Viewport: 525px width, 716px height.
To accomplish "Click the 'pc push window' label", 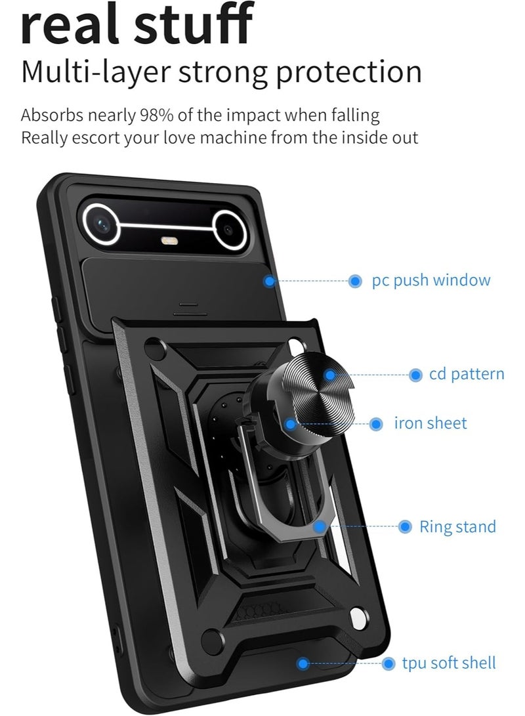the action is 431,280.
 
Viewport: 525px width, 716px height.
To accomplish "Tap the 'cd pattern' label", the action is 467,374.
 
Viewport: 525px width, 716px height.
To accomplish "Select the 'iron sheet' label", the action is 430,423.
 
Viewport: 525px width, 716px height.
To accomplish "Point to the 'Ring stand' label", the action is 457,526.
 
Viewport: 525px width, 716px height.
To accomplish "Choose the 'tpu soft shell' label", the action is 449,663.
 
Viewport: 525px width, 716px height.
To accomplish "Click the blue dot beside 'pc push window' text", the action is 355,282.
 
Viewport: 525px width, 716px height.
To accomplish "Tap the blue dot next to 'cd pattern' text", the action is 415,375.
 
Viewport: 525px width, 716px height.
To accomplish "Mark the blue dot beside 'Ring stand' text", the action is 405,527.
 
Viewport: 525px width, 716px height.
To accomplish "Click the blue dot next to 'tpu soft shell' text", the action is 388,663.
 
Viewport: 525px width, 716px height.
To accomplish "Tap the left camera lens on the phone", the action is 101,224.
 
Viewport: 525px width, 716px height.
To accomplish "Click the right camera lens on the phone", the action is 230,230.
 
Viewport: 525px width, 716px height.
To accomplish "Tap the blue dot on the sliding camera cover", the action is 270,281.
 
